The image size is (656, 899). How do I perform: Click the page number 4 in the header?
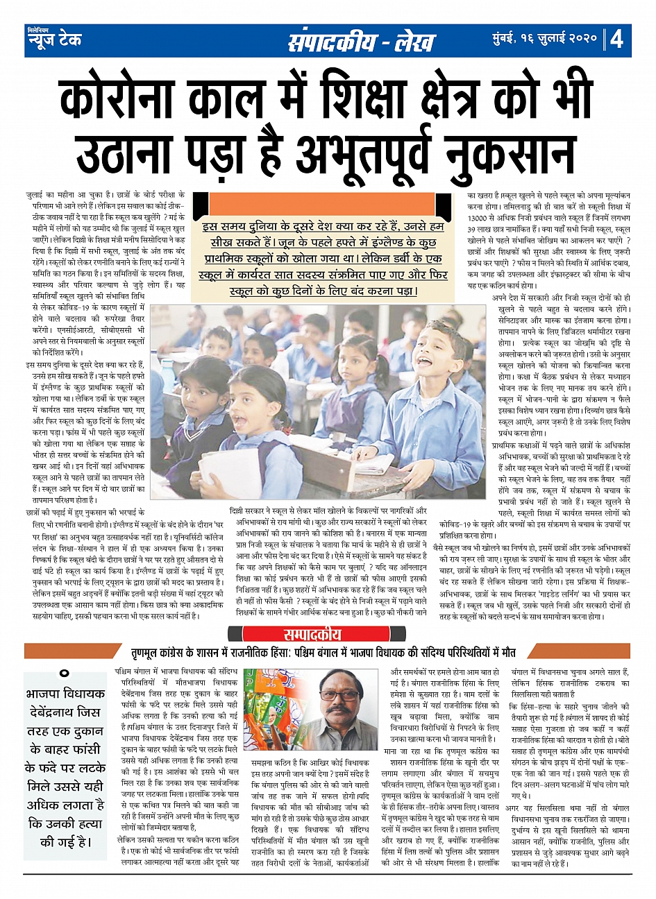point(616,40)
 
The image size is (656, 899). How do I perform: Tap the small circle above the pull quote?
point(65,674)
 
